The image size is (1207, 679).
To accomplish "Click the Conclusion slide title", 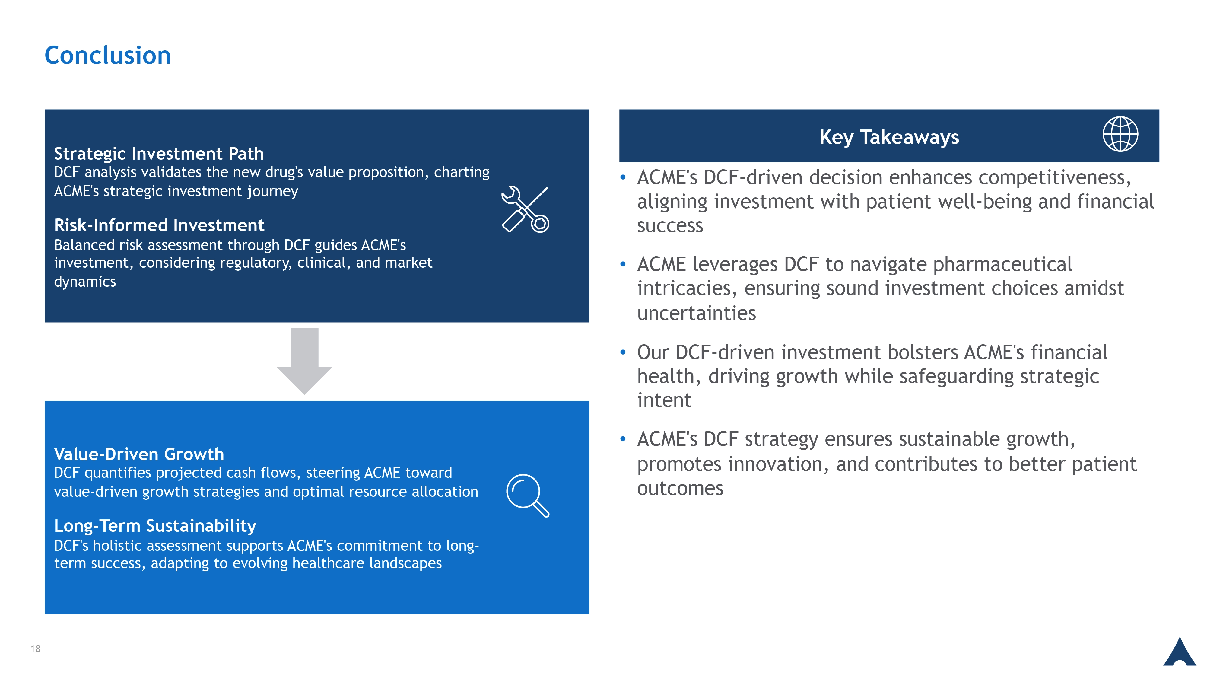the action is pos(108,55).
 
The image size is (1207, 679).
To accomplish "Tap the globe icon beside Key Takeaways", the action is pos(1120,134).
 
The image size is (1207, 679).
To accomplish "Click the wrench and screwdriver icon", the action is pos(525,209).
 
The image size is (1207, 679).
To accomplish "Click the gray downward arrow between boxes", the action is pos(305,361).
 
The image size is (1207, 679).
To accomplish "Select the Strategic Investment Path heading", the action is pos(159,154).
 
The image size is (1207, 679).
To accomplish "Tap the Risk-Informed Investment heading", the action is pos(159,225).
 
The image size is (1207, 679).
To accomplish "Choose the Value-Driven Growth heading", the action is pos(139,454).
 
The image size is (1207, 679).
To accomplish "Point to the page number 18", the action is pos(36,649).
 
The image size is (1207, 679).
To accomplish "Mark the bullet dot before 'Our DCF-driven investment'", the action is pos(623,352).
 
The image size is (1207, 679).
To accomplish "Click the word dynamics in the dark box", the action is pos(85,282).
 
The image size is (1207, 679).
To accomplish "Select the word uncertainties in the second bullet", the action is pos(696,313).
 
